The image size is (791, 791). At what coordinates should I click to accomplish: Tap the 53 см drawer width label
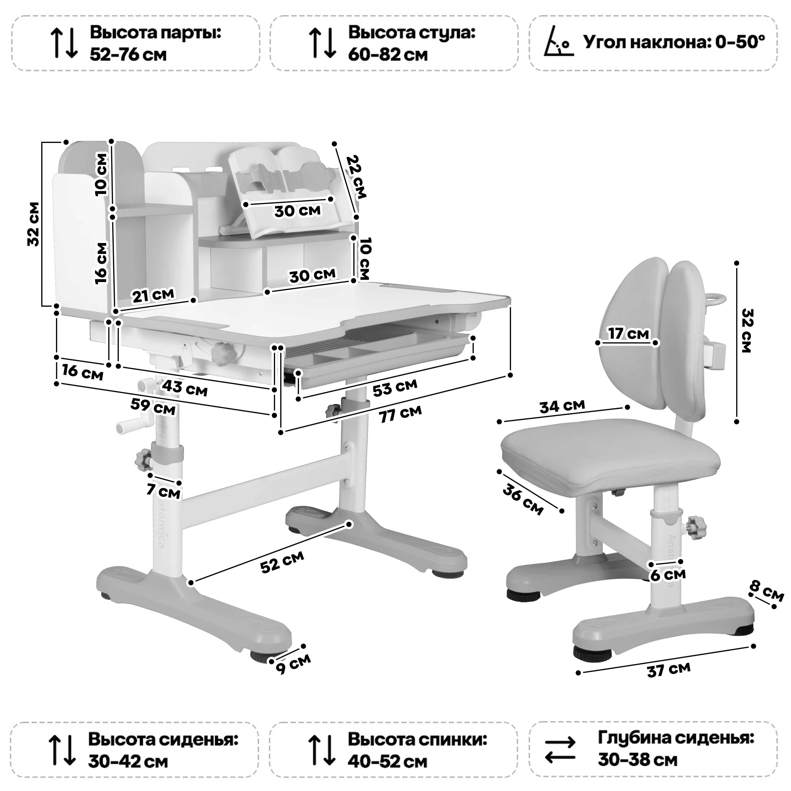pyautogui.click(x=395, y=387)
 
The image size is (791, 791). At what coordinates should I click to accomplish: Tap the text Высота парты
pyautogui.click(x=156, y=33)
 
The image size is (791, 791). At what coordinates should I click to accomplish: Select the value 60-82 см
pyautogui.click(x=388, y=54)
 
